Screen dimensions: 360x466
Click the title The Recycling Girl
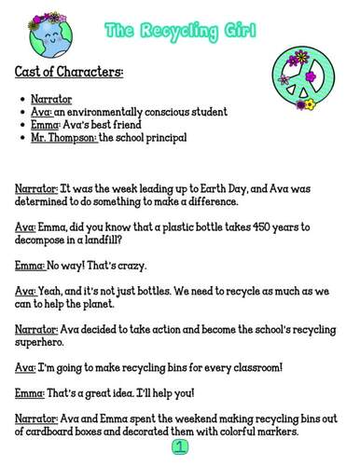(x=180, y=31)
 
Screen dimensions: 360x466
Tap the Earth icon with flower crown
(x=46, y=34)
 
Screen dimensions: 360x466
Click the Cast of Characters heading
(x=70, y=72)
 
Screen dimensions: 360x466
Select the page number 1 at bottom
(x=179, y=448)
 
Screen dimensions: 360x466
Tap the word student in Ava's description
(x=205, y=112)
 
